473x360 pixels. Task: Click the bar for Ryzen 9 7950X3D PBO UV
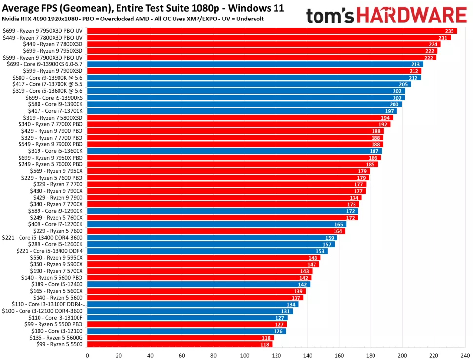[x=272, y=31]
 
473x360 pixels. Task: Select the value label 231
[x=443, y=38]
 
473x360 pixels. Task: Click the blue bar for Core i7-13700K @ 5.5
[x=249, y=84]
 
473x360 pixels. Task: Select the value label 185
[x=371, y=164]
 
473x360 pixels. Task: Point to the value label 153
[x=320, y=251]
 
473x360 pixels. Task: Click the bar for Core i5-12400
[x=198, y=284]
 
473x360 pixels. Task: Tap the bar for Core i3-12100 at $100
[x=186, y=330]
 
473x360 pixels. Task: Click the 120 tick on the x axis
[x=276, y=355]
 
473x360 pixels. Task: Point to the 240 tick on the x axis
[x=465, y=355]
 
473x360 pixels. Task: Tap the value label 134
[x=291, y=304]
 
